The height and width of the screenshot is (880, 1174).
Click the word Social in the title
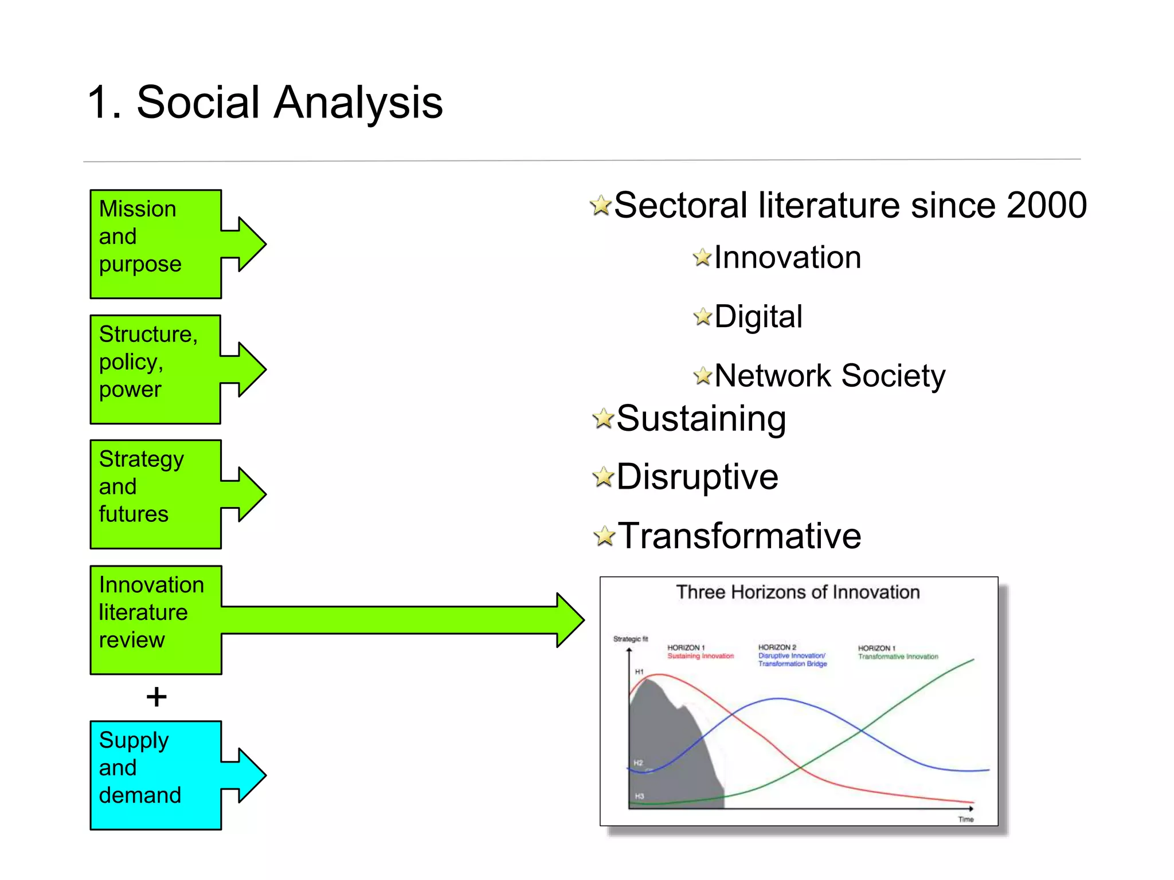(198, 102)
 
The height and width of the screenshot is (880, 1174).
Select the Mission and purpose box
(155, 244)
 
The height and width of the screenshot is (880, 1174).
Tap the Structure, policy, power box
(155, 369)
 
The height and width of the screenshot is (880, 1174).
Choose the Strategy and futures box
(155, 494)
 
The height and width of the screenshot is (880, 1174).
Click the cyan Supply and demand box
(155, 775)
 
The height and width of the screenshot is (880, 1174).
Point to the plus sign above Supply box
(156, 697)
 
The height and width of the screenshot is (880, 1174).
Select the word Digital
(758, 317)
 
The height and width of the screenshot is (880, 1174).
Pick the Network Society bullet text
(829, 376)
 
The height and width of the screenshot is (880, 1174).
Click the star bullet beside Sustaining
(603, 418)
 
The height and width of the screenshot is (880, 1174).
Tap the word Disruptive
(697, 477)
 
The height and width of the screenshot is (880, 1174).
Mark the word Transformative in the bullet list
(739, 536)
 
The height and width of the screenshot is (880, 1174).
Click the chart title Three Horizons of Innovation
(797, 592)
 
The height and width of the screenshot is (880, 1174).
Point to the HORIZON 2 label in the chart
(777, 647)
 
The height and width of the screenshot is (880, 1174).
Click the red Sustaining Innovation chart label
(700, 656)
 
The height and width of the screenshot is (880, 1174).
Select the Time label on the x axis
(965, 819)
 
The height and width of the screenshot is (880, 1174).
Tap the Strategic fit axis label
(630, 639)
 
